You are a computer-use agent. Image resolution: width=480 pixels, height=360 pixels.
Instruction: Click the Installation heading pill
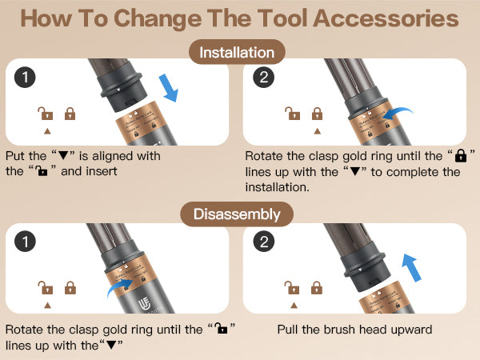(238, 52)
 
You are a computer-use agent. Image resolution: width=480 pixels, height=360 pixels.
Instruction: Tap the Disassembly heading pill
(237, 214)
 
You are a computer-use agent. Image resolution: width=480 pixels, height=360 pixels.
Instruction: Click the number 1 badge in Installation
(25, 77)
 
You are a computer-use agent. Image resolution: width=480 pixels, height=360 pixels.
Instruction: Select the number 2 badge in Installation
(263, 77)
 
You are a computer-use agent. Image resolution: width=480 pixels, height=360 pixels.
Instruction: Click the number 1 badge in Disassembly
(25, 242)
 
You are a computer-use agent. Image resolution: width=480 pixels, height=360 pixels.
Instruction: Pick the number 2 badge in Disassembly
(264, 242)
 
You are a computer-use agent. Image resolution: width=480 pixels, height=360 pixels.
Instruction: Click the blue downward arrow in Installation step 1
(169, 88)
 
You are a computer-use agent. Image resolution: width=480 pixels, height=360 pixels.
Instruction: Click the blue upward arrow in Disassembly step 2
(411, 267)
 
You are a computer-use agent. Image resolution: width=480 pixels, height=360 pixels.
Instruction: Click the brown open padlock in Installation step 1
(46, 114)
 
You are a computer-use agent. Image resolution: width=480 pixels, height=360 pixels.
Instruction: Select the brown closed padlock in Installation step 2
(317, 114)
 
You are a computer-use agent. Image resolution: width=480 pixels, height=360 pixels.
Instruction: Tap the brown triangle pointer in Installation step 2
(318, 131)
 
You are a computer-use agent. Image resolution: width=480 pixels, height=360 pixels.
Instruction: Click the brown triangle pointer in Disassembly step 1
(47, 306)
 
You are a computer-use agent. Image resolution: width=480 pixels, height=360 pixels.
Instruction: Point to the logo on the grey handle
(144, 305)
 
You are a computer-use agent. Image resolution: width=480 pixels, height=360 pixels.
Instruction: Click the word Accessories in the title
(386, 18)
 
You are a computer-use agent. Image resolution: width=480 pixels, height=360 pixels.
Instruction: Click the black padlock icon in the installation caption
(461, 155)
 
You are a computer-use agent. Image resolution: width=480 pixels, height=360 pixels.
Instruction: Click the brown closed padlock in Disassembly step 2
(317, 288)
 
